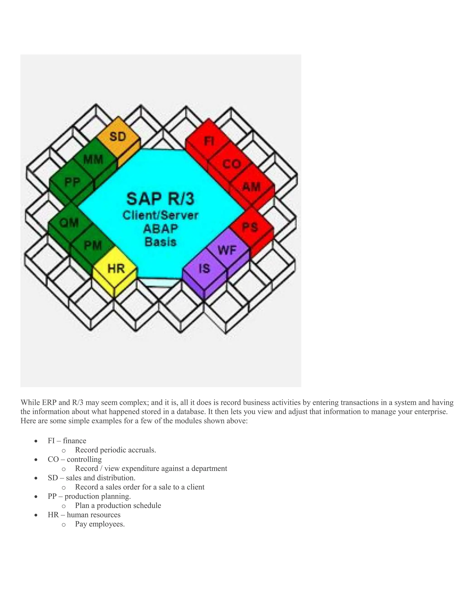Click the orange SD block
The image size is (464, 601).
pos(118,137)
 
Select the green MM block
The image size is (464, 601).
pos(94,159)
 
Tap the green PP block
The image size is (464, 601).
pos(72,182)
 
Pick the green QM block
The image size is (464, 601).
pos(69,222)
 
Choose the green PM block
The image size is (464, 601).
pos(93,245)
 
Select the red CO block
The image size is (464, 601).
pos(232,164)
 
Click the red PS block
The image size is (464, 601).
pos(250,227)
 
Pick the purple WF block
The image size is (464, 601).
pos(227,250)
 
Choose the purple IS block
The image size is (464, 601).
pos(205,268)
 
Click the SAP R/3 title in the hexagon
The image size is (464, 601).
pos(160,199)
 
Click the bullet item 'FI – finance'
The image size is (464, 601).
pos(67,441)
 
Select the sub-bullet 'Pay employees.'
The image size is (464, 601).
pos(100,524)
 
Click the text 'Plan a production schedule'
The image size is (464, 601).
pos(118,506)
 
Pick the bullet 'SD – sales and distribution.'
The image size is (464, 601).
pos(92,478)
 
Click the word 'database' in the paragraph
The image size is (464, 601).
pos(187,412)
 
